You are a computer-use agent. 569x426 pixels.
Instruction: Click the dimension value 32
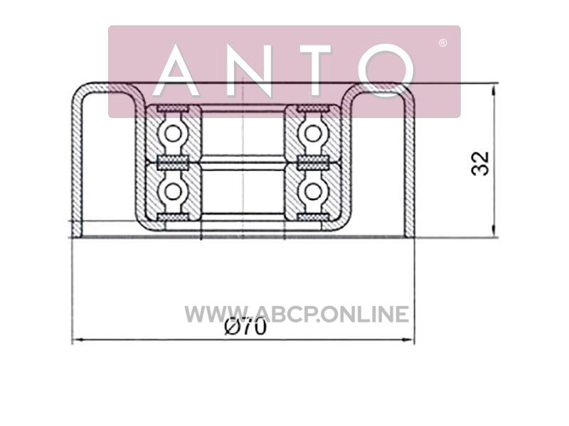(480, 163)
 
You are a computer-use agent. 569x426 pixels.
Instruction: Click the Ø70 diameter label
(245, 327)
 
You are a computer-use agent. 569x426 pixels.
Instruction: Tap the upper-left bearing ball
(173, 133)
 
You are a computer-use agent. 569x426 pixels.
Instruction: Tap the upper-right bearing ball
(313, 133)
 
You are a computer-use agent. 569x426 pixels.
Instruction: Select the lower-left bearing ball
(173, 191)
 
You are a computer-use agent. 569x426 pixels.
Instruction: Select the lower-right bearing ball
(313, 191)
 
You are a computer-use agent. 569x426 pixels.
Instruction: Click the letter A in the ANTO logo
(176, 70)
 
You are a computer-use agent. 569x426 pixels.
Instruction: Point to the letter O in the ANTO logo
(385, 70)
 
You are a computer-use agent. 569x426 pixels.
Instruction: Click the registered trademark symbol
(442, 43)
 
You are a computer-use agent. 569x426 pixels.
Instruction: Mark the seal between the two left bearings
(173, 163)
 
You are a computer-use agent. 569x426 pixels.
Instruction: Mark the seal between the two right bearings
(313, 163)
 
